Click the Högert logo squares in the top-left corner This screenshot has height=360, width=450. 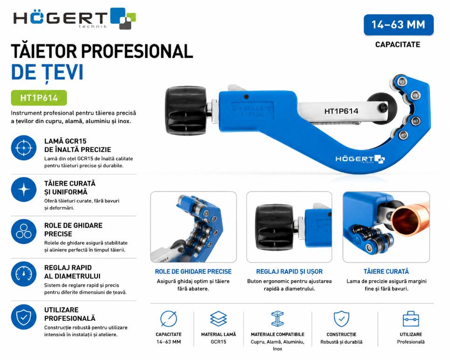[x=123, y=18]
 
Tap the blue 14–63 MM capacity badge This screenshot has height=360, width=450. [x=399, y=25]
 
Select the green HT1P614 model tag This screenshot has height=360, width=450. [x=39, y=98]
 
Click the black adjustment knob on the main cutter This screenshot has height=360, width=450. [x=187, y=111]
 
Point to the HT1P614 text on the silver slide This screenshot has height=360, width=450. [x=341, y=111]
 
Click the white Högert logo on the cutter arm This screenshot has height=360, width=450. [x=360, y=159]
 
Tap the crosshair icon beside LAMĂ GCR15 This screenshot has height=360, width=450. [x=24, y=148]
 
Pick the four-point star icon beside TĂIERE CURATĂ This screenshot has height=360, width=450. [x=24, y=190]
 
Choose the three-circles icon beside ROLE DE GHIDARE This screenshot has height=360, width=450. [x=24, y=232]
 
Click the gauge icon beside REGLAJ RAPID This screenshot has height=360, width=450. [x=24, y=274]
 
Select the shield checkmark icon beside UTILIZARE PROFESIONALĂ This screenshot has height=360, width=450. [x=24, y=317]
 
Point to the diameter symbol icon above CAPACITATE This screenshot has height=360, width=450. [x=168, y=318]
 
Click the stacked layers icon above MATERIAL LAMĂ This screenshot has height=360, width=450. [x=218, y=318]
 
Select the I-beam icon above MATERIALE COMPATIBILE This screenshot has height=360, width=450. [x=277, y=318]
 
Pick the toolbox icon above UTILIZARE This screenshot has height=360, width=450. [x=411, y=318]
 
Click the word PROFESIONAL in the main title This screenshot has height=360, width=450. [x=137, y=51]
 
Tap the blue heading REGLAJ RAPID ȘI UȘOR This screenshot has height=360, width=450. [x=289, y=271]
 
